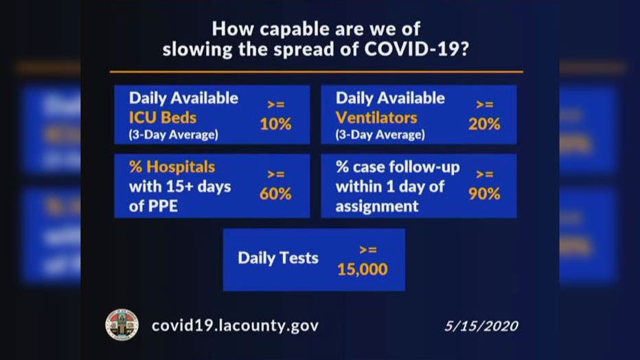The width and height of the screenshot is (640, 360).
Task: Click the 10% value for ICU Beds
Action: coord(275,124)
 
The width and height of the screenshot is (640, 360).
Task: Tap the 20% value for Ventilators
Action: coord(484,124)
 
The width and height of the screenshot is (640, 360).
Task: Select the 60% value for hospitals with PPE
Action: coord(275,194)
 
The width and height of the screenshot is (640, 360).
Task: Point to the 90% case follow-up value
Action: coord(484,194)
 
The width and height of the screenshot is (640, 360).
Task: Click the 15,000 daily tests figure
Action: coord(363,269)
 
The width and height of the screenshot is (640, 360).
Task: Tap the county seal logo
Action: coord(122,325)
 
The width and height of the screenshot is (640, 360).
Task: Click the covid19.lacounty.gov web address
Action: coord(235,326)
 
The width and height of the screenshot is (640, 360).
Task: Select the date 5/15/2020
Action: coord(481,326)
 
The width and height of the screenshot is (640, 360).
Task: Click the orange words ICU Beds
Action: coord(163,117)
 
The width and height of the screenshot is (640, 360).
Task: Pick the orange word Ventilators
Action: coord(376,117)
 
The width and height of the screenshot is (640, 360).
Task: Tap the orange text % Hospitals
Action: coord(172,166)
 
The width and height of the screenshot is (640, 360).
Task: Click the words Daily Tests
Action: coord(278,258)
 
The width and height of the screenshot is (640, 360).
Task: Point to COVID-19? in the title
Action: coord(416,49)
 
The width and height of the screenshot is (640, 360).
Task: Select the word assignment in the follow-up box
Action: coord(377,207)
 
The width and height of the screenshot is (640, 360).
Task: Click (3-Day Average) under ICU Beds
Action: coord(174,135)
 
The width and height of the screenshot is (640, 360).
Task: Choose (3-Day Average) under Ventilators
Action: coord(380,135)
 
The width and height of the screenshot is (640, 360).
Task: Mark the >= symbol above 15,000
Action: coord(368,250)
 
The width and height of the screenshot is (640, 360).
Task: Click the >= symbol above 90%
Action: coord(485,175)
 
